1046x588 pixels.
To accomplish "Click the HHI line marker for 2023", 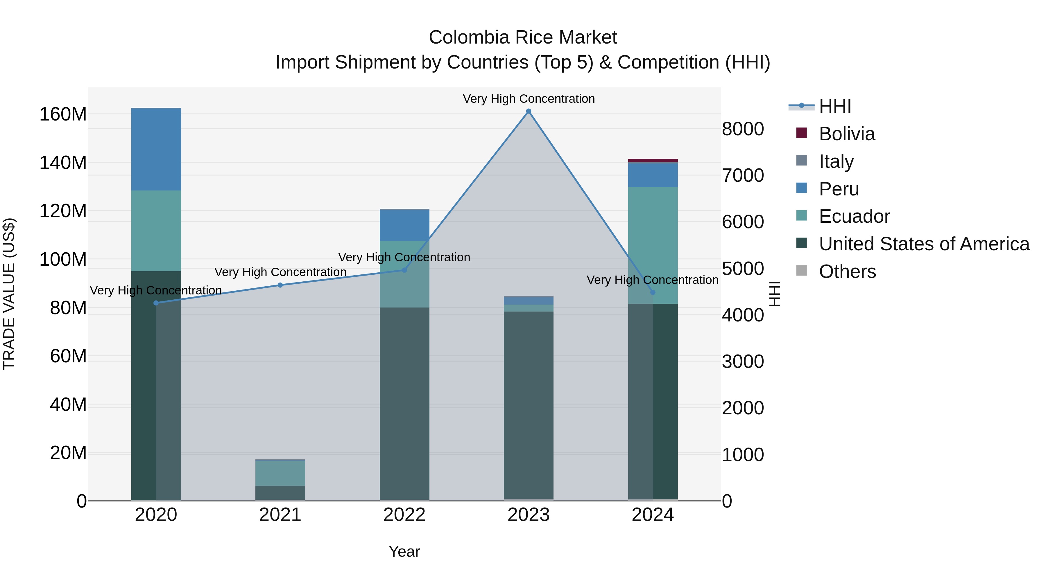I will [528, 111].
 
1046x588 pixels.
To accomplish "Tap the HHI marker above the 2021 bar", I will [280, 285].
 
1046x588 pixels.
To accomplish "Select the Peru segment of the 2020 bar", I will [156, 149].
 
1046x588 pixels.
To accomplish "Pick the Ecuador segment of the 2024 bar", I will [653, 245].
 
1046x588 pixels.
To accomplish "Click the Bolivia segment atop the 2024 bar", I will [653, 160].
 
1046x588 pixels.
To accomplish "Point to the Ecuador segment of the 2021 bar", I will [280, 473].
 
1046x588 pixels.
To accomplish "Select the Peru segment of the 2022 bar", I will [404, 226].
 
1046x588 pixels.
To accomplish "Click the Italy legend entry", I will [836, 161].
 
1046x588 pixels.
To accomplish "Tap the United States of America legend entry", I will [923, 244].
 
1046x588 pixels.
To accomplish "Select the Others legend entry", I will [847, 271].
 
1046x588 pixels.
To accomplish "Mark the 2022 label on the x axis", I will [404, 515].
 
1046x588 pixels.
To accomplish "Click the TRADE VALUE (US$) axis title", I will [9, 294].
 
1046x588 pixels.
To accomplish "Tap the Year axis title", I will [404, 551].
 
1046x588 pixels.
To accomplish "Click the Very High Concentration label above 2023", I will [528, 99].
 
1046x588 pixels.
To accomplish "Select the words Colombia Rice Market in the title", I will [523, 37].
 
